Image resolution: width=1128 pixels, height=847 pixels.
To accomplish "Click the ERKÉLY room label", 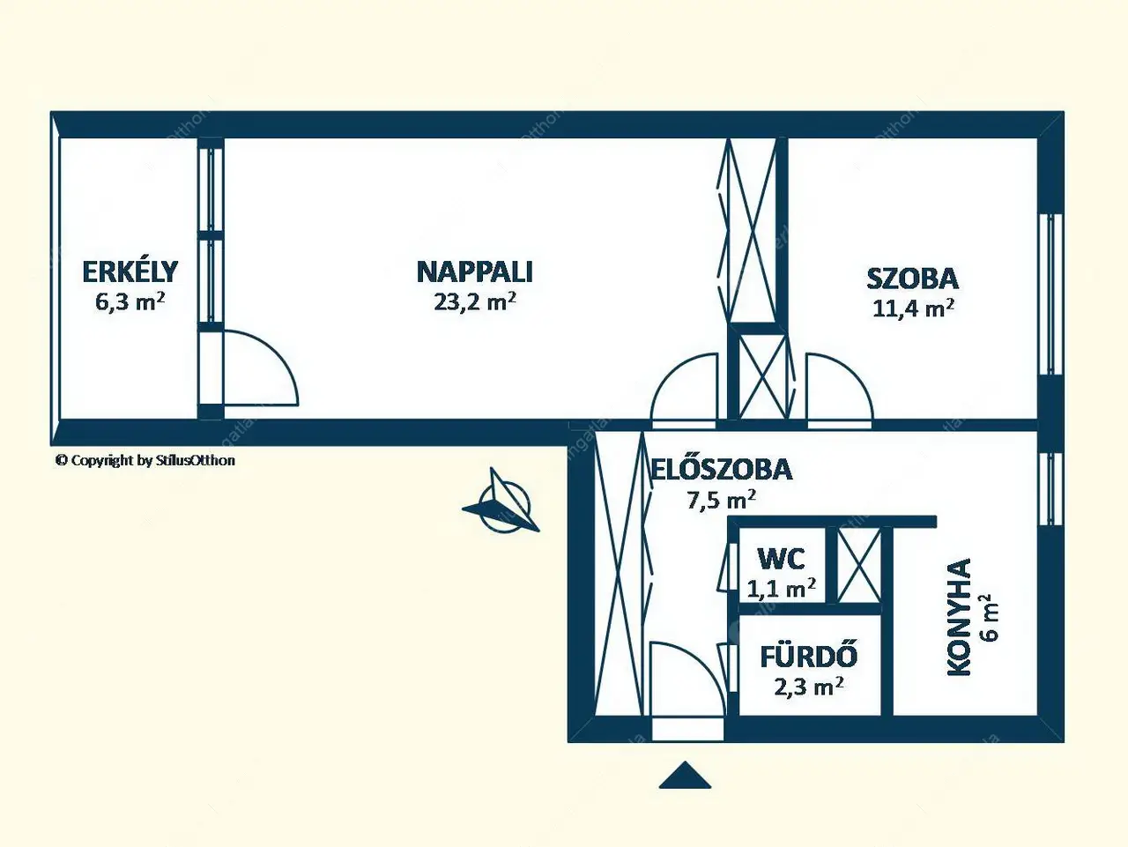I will pyautogui.click(x=130, y=271).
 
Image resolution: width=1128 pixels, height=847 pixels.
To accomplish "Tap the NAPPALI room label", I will pyautogui.click(x=474, y=271).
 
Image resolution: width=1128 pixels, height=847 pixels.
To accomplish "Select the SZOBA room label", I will pyautogui.click(x=912, y=279).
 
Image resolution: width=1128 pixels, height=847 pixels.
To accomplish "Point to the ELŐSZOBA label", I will pyautogui.click(x=722, y=470).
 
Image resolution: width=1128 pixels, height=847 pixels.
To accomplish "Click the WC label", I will pyautogui.click(x=781, y=559).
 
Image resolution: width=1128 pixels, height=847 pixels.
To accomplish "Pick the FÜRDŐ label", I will pyautogui.click(x=808, y=657).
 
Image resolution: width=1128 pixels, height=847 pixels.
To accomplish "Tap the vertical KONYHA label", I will pyautogui.click(x=959, y=617).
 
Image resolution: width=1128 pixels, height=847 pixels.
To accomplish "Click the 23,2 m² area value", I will pyautogui.click(x=474, y=301).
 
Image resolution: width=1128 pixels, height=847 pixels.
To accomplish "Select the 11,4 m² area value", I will pyautogui.click(x=913, y=308).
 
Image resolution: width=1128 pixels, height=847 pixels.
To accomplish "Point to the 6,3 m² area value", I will pyautogui.click(x=130, y=301).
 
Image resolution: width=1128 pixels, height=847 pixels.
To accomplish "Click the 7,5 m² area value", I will pyautogui.click(x=721, y=500).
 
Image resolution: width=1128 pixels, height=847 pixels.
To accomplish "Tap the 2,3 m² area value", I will pyautogui.click(x=808, y=686).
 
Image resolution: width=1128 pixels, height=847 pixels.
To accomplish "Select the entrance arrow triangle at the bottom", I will pyautogui.click(x=685, y=776).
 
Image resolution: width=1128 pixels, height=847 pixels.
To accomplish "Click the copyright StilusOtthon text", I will pyautogui.click(x=145, y=460).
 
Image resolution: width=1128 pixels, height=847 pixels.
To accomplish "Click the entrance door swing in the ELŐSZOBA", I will pyautogui.click(x=686, y=679).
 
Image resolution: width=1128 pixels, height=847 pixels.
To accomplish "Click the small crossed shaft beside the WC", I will pyautogui.click(x=858, y=564).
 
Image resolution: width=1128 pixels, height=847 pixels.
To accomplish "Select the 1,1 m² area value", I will pyautogui.click(x=781, y=588).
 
